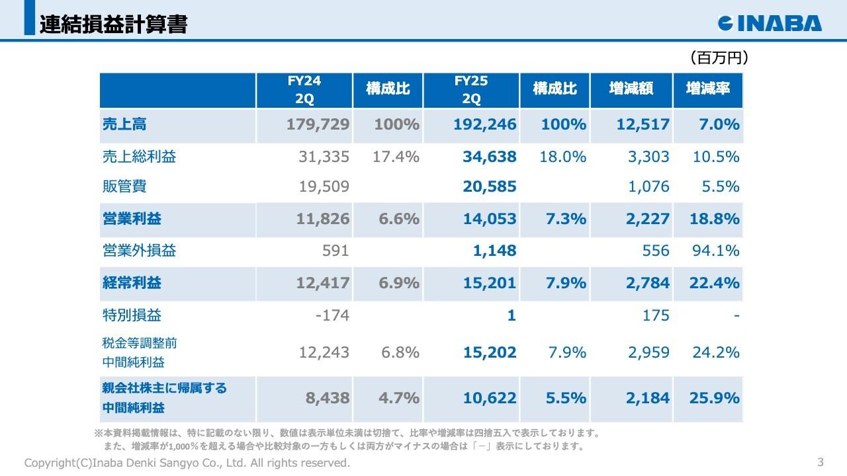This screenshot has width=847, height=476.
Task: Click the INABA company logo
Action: tap(770, 23)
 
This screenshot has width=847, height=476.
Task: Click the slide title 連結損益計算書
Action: tap(113, 24)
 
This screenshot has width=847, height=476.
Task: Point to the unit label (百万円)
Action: tap(719, 58)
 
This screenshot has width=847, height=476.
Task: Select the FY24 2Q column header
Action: tap(304, 90)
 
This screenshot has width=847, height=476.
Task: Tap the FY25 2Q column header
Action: tap(471, 90)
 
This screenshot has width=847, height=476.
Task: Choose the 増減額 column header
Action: tap(631, 89)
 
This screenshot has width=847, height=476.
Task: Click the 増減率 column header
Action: tap(708, 89)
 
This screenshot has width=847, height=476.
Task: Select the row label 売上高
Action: tap(124, 124)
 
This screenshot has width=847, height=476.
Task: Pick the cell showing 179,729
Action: tap(318, 125)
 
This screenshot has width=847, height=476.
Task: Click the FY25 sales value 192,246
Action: tap(485, 125)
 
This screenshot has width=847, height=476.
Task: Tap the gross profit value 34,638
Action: tap(490, 157)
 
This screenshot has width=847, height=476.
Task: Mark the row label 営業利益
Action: tap(132, 219)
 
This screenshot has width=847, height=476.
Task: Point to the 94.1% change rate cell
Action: tap(716, 251)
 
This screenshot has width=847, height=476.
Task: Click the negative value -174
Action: tap(332, 315)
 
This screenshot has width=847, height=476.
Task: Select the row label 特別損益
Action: tap(132, 315)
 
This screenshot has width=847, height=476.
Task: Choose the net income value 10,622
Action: tap(490, 399)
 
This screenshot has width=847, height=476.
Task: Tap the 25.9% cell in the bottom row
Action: tap(715, 399)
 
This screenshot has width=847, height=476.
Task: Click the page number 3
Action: tap(821, 461)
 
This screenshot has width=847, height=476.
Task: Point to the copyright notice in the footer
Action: tap(187, 463)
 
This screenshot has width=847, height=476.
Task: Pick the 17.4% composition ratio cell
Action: tap(397, 157)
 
